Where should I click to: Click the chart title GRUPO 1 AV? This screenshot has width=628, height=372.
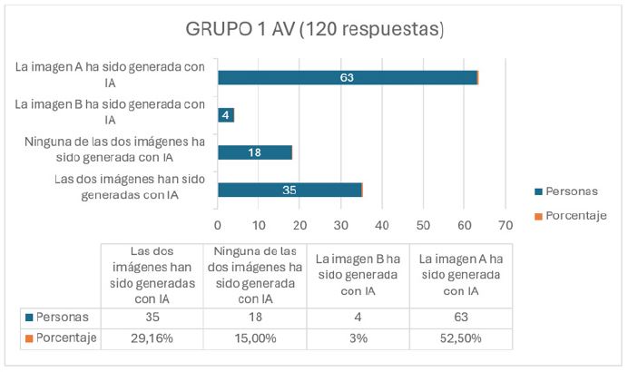pyautogui.click(x=315, y=29)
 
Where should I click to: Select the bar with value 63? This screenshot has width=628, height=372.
pyautogui.click(x=348, y=77)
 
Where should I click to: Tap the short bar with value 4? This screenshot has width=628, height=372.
pyautogui.click(x=226, y=115)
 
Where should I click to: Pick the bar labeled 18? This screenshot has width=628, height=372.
pyautogui.click(x=254, y=152)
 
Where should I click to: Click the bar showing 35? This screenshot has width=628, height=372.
pyautogui.click(x=289, y=190)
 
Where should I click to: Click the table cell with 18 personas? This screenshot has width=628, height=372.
pyautogui.click(x=256, y=318)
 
